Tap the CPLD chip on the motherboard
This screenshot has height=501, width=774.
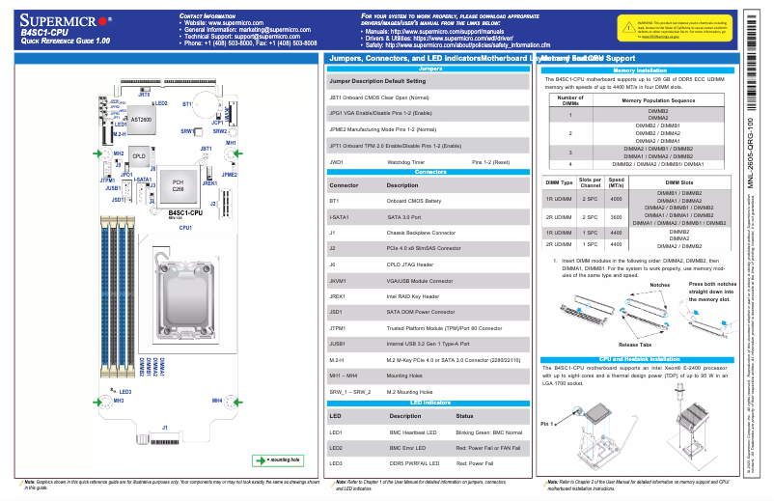[x=139, y=155]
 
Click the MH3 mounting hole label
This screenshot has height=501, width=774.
[x=118, y=400]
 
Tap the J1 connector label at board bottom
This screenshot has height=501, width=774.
[x=164, y=427]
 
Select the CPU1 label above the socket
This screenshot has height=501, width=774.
[x=185, y=227]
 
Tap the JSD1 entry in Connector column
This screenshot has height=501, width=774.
[x=337, y=313]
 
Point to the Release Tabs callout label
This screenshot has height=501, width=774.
[x=634, y=344]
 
